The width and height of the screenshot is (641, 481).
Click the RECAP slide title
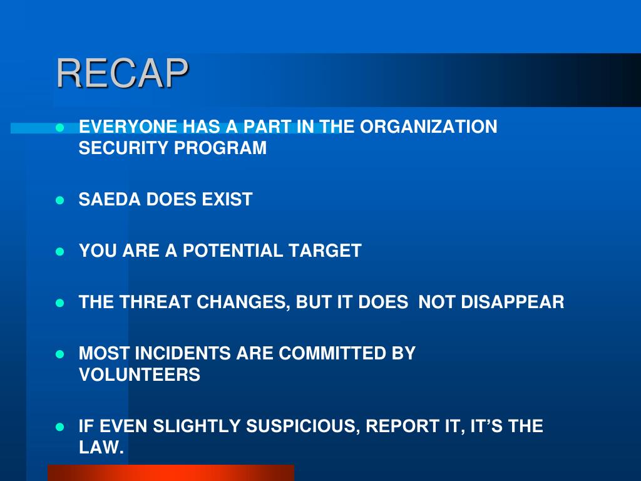point(122,73)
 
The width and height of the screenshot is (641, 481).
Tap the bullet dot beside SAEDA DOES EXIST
point(59,200)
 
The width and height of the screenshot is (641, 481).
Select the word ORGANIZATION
point(428,127)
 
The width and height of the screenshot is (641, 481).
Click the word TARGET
point(325,251)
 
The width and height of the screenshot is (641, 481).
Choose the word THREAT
point(155,302)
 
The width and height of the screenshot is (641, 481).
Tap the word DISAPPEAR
point(513,302)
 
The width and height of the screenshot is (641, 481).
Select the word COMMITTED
point(332,353)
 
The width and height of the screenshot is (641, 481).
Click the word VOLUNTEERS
point(140,375)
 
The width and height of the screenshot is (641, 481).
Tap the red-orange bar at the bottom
point(171,473)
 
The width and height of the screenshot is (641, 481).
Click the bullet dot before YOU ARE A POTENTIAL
point(59,251)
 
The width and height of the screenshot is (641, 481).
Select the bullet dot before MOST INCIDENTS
point(59,354)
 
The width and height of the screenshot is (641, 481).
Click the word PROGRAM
point(220,148)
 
